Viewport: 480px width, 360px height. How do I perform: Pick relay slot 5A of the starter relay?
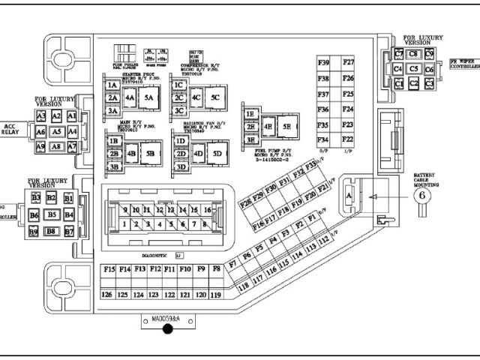(x=148, y=97)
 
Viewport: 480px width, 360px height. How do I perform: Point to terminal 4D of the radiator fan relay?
(x=198, y=154)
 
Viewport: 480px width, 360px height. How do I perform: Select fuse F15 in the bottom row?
(x=109, y=268)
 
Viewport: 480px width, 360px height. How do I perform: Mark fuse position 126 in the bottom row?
(x=107, y=295)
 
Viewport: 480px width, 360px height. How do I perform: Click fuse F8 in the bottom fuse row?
(x=216, y=268)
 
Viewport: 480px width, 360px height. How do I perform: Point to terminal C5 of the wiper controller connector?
(x=413, y=68)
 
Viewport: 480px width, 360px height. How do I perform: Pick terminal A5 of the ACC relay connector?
(x=56, y=131)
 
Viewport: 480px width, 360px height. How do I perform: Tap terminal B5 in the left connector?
(x=52, y=214)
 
